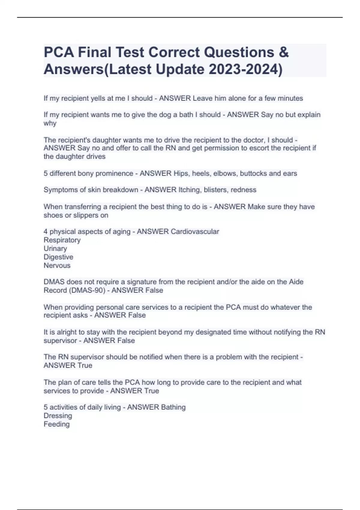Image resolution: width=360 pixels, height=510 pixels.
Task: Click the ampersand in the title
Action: click(283, 52)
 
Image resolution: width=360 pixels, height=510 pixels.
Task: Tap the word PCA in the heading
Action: click(59, 52)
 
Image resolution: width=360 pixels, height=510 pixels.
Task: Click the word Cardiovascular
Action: click(195, 231)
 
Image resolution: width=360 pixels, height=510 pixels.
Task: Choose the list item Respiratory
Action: click(62, 240)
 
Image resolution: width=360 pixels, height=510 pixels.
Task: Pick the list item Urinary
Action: click(55, 248)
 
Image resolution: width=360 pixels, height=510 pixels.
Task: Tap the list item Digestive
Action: click(58, 257)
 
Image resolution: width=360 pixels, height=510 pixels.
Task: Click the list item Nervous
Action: click(57, 265)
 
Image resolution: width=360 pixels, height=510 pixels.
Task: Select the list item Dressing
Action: click(58, 415)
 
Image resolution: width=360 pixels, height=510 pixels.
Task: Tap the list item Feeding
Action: click(56, 424)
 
